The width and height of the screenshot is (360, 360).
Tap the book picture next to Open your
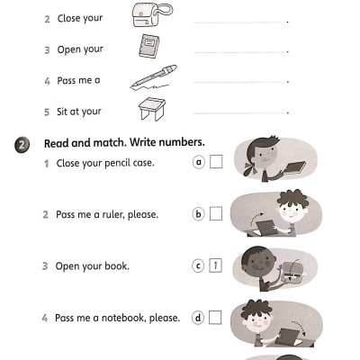148,48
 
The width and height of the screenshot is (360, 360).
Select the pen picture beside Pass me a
153,78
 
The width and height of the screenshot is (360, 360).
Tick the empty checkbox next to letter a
216,162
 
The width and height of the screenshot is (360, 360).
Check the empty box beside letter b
216,214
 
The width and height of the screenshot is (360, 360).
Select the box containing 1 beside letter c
216,265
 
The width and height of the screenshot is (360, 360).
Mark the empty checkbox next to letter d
216,317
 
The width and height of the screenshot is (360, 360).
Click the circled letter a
199,162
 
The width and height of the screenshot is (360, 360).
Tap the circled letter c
199,265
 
